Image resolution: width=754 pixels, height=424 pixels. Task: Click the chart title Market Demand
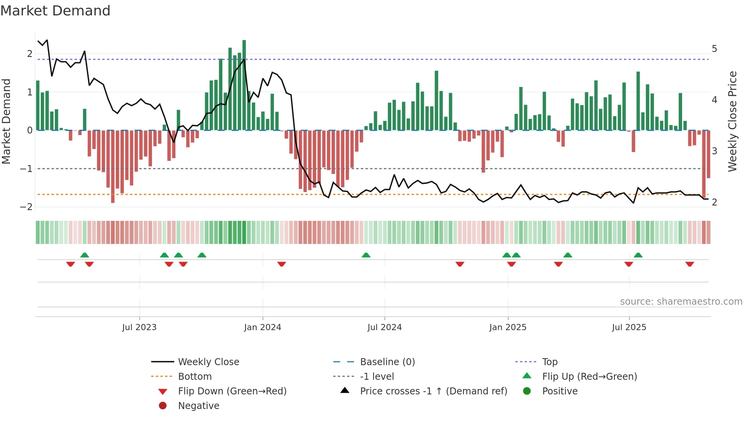(55, 11)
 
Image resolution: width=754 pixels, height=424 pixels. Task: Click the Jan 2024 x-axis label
(262, 327)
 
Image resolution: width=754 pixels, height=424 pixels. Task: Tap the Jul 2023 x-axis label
(139, 327)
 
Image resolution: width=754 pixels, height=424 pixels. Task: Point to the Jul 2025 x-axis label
(629, 327)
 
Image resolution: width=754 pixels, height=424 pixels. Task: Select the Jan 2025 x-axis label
(508, 327)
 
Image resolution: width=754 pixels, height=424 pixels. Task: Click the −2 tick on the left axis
(26, 207)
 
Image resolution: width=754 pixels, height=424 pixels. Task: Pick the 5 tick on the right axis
(714, 49)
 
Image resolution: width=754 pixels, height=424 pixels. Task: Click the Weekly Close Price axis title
(732, 121)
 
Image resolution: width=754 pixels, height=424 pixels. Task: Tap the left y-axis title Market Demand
(7, 121)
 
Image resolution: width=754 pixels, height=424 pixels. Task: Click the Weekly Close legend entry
(208, 362)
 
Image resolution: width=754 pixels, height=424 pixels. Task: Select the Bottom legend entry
(195, 377)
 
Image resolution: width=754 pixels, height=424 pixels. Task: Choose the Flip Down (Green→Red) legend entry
(232, 391)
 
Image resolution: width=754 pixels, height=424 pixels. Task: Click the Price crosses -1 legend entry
(433, 391)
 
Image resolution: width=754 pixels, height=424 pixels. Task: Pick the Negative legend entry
(199, 406)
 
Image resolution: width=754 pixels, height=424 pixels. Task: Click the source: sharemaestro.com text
(681, 302)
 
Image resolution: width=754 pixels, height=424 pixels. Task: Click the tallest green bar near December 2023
(244, 85)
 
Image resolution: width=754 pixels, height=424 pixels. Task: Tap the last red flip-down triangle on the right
(689, 264)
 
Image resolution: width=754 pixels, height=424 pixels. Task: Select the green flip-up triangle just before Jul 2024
(366, 255)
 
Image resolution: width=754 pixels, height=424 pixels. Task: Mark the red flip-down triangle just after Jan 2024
(282, 264)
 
